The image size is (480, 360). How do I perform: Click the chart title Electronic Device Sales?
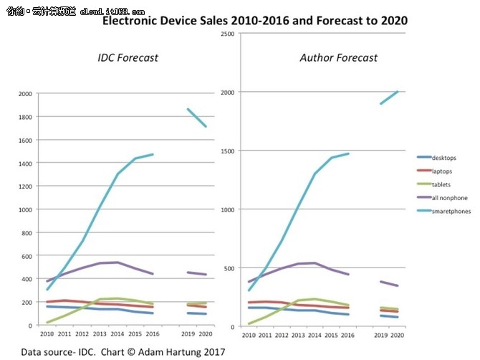pyautogui.click(x=255, y=21)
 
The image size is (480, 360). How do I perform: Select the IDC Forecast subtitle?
pyautogui.click(x=128, y=57)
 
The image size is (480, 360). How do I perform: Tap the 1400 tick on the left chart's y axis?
pyautogui.click(x=24, y=164)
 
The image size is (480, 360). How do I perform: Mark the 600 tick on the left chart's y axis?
pyautogui.click(x=27, y=256)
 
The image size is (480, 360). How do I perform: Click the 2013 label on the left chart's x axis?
pyautogui.click(x=100, y=334)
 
